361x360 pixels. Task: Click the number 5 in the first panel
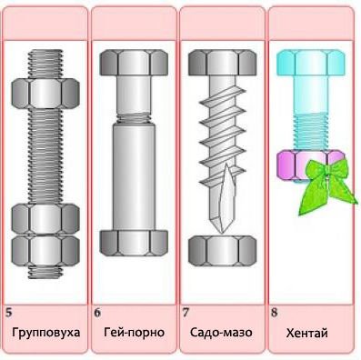point(9,313)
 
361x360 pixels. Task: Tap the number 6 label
point(97,313)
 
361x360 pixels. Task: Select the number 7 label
point(186,313)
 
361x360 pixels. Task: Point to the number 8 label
point(275,313)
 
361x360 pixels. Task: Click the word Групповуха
point(46,333)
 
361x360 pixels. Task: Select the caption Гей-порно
point(135,333)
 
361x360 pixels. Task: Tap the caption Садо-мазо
point(221,333)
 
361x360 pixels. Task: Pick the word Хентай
point(307,334)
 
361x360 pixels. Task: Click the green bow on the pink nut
point(327,185)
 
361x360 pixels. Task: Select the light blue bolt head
point(311,64)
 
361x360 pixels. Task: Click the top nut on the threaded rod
point(45,94)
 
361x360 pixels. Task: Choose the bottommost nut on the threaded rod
point(45,251)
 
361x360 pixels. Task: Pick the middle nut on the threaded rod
point(45,219)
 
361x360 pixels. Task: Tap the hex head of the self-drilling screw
point(223,63)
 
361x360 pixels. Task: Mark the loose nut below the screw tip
point(223,251)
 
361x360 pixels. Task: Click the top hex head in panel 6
point(134,63)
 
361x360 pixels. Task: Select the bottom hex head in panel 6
point(134,243)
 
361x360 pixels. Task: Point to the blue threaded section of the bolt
point(311,131)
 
